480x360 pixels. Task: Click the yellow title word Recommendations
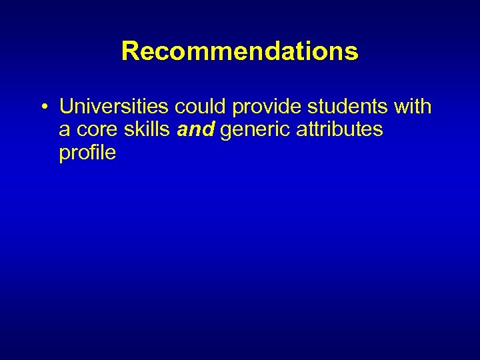pos(240,51)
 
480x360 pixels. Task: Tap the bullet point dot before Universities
pos(42,107)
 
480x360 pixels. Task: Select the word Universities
pos(115,107)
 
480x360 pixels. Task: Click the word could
pos(201,107)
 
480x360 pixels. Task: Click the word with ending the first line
pos(413,107)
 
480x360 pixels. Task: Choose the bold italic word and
pos(196,129)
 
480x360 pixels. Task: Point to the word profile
pos(87,153)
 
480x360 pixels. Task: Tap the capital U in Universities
pos(66,107)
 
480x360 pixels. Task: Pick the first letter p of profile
pos(64,155)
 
